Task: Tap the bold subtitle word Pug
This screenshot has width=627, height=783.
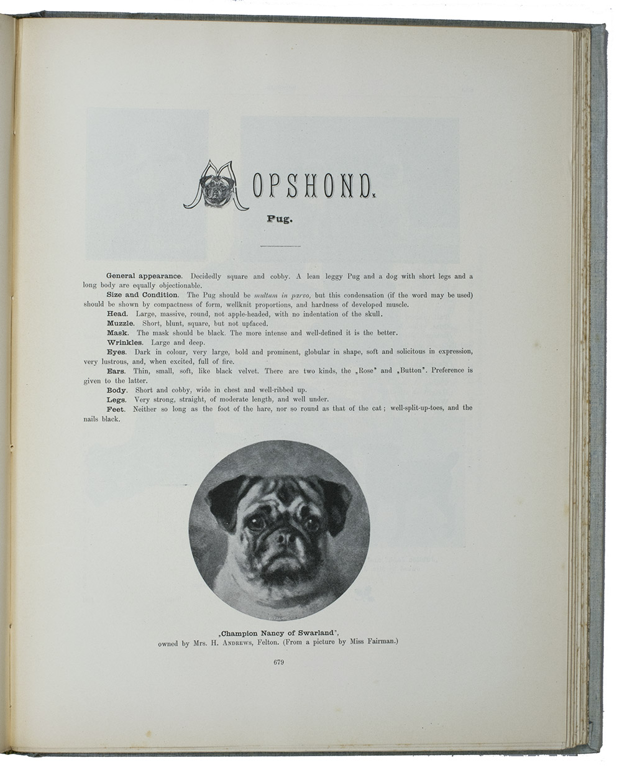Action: (279, 219)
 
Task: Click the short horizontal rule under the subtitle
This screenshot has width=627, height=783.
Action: (280, 246)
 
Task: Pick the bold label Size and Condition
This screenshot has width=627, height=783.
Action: (142, 295)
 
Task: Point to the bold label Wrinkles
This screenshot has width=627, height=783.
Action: (125, 342)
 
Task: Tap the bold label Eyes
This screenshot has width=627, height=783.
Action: (117, 352)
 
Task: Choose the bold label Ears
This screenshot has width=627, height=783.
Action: (117, 371)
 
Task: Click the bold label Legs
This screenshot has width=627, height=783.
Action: (117, 400)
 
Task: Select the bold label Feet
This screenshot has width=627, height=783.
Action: (116, 409)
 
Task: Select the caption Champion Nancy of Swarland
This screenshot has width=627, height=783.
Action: (278, 634)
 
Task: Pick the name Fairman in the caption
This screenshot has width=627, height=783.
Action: (373, 644)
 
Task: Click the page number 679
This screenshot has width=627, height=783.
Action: (278, 663)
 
